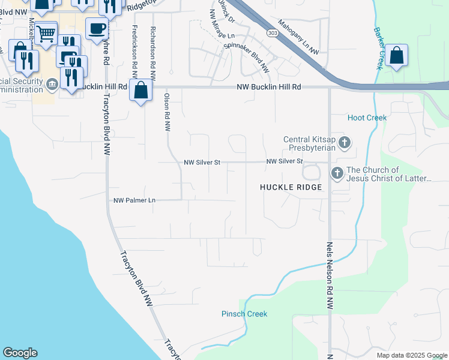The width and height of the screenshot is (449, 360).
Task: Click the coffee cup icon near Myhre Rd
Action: (97, 28)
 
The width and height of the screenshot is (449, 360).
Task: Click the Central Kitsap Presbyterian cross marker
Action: (345, 143)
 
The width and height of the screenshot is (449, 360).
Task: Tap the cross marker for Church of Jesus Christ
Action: (337, 174)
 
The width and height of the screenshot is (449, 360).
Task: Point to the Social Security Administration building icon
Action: (52, 83)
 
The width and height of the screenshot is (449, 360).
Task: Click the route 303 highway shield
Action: (273, 33)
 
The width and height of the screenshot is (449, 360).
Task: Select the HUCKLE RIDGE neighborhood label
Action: (291, 187)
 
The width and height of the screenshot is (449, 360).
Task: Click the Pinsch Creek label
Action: (244, 314)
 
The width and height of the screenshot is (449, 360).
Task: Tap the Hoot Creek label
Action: (367, 118)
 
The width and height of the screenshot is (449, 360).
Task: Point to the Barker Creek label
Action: (378, 48)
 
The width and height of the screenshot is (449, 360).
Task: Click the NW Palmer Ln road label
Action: (134, 200)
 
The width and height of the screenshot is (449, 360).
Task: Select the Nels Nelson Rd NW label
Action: (330, 276)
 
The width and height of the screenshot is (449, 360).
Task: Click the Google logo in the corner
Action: (20, 353)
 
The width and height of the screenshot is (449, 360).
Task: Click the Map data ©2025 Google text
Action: (412, 355)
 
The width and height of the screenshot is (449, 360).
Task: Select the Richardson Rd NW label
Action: (153, 54)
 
